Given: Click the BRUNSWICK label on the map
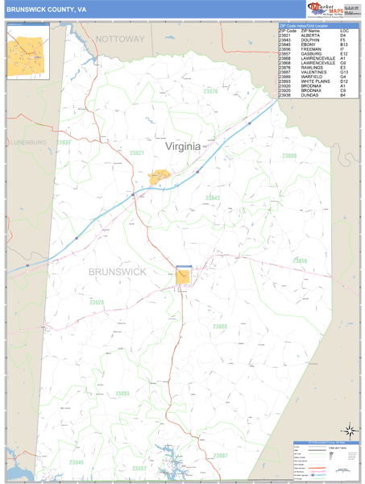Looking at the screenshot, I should point(118,272).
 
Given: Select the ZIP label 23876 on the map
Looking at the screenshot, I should point(210,114).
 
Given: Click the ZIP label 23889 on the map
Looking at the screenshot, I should point(290,156).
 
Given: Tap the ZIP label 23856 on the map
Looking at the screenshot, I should point(300,261).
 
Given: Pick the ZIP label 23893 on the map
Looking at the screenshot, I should point(122,393).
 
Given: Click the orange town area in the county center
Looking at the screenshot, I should point(185,274).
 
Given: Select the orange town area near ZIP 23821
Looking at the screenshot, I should point(159,176).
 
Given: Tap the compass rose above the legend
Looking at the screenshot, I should point(348,430).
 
